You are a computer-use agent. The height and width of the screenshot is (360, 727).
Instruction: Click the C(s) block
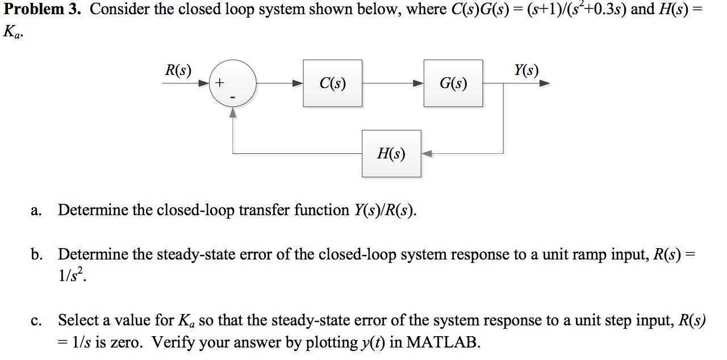pos(332,83)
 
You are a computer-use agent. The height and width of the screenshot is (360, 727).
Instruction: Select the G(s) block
pos(453,83)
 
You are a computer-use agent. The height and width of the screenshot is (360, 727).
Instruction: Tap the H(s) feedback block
pos(391,153)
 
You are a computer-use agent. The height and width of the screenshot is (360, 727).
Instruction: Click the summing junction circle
pos(233,83)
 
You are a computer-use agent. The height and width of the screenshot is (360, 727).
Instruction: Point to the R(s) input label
pos(178,70)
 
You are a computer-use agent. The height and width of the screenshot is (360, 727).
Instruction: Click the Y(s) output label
pos(526,70)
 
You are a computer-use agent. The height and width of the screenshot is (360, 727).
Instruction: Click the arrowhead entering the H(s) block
pos(427,153)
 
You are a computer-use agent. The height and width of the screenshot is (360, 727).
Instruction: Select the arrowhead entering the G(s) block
pos(418,83)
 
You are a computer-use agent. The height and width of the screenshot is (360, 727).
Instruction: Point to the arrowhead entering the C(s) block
pos(297,83)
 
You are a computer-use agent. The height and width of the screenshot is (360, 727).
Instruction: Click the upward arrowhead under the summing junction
pos(233,112)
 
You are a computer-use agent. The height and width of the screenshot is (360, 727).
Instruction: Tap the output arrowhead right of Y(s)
pos(545,83)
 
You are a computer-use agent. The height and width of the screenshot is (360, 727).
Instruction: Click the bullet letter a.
pos(36,211)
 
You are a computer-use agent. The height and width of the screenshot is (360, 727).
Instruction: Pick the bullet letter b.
pos(36,255)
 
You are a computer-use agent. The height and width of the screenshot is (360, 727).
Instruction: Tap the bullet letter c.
pos(36,321)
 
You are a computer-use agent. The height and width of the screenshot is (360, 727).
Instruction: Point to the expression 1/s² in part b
pos(73,277)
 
